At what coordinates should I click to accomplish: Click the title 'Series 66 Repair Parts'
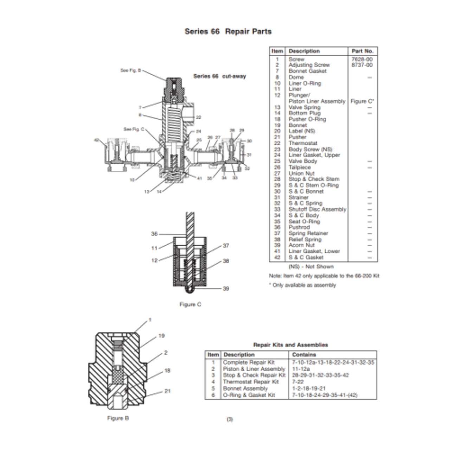click(x=228, y=31)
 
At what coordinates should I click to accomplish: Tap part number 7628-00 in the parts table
click(x=362, y=59)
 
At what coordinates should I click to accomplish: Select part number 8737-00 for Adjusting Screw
click(x=362, y=65)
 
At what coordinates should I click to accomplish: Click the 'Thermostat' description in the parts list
click(x=303, y=143)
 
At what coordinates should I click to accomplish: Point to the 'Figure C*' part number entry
click(x=362, y=101)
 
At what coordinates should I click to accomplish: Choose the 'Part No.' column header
click(x=362, y=51)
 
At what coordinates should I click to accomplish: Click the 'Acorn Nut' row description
click(x=301, y=245)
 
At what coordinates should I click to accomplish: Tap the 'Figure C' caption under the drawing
click(x=190, y=304)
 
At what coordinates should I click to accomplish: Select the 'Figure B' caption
click(x=118, y=418)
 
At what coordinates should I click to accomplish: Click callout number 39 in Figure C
click(x=226, y=289)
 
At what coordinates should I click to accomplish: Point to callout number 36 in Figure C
click(x=154, y=234)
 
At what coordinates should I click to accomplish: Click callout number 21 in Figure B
click(x=167, y=391)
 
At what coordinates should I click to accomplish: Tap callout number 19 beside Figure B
click(x=161, y=336)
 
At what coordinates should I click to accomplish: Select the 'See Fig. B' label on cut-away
click(x=130, y=70)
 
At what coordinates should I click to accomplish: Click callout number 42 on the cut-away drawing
click(x=97, y=140)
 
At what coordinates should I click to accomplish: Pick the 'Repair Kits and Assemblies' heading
click(x=290, y=345)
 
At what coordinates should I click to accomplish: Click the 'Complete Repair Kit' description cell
click(x=249, y=362)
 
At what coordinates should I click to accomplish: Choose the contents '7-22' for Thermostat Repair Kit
click(x=298, y=382)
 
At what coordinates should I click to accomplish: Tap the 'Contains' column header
click(x=304, y=355)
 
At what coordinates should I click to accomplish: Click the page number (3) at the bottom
click(x=230, y=419)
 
